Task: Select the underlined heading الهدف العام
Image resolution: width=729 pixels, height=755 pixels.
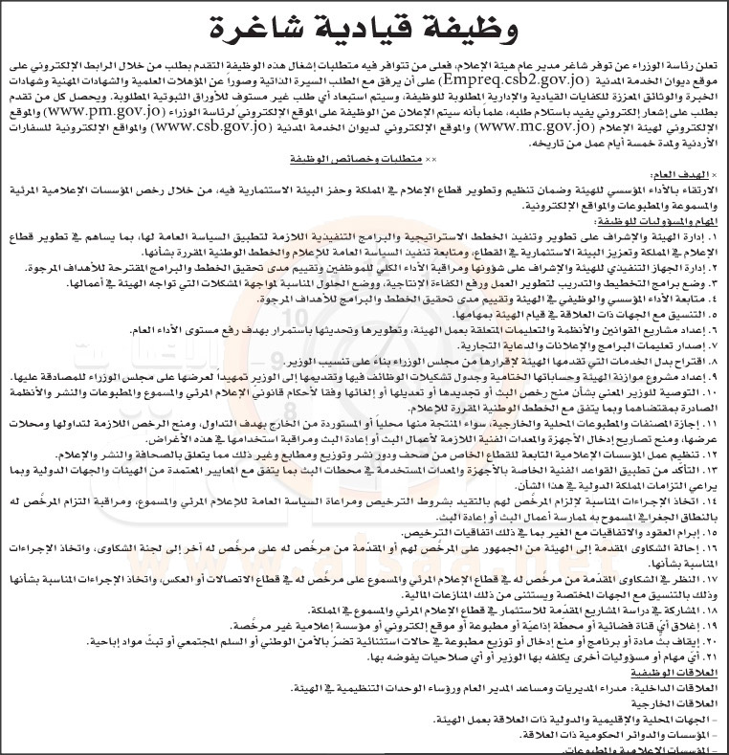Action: click(x=693, y=176)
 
